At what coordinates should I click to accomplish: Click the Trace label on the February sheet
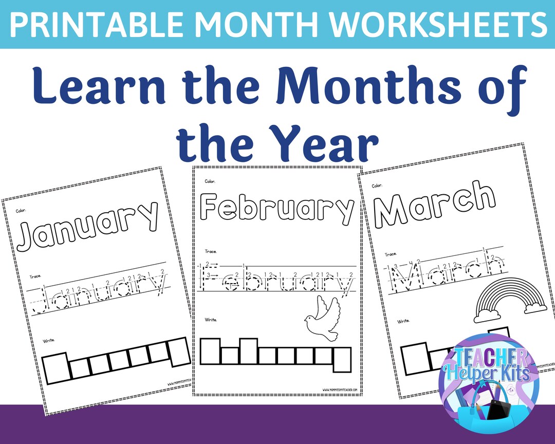[211, 251]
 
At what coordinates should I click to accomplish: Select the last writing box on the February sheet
[342, 359]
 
